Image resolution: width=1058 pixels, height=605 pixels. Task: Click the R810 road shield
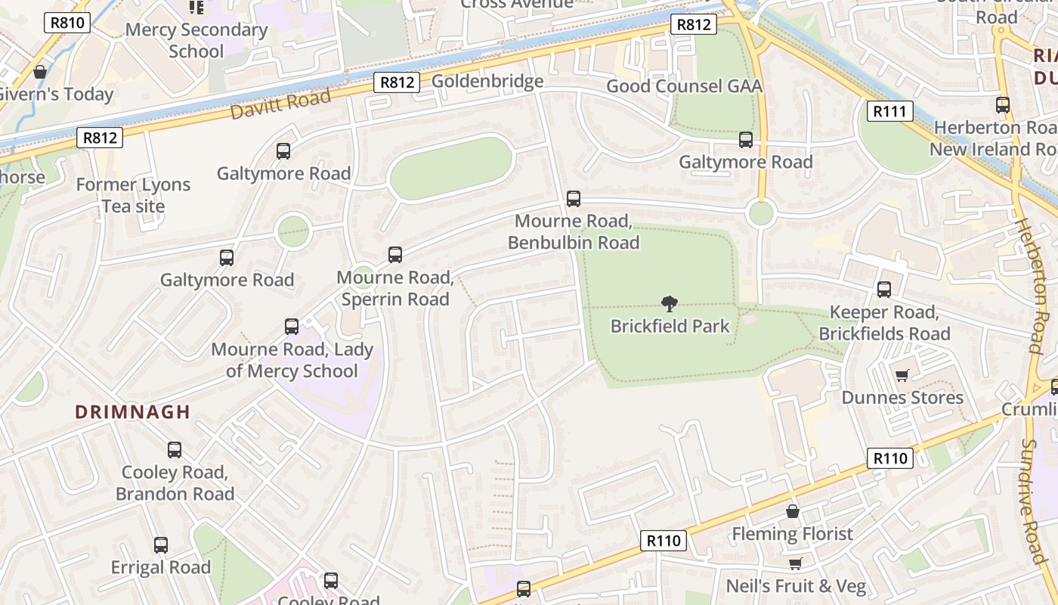click(68, 23)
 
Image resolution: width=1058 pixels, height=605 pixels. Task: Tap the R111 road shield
click(889, 112)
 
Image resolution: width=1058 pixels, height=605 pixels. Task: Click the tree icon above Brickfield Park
click(669, 304)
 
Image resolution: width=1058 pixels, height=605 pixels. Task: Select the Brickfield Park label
click(670, 326)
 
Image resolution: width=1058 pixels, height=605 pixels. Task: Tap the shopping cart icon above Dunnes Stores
click(902, 375)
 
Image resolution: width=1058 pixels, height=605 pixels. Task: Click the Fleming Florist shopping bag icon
click(792, 512)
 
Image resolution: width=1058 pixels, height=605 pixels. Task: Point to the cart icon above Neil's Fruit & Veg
click(795, 563)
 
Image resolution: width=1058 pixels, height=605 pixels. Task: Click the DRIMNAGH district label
click(132, 412)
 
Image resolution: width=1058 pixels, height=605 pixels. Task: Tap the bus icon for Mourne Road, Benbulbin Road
click(574, 199)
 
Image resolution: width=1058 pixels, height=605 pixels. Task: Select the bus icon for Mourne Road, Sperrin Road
click(395, 255)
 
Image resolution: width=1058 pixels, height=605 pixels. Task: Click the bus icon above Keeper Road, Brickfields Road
click(884, 289)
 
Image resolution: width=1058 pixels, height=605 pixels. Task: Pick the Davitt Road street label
click(280, 104)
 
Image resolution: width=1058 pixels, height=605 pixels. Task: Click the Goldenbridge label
click(487, 81)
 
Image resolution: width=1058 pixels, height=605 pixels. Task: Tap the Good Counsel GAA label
click(684, 86)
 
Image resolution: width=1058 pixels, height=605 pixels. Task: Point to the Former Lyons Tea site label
click(133, 195)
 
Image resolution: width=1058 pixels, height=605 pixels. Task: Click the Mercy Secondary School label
click(196, 41)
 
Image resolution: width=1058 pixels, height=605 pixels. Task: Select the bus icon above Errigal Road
click(161, 545)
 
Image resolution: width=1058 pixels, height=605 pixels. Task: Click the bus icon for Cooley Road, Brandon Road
click(175, 450)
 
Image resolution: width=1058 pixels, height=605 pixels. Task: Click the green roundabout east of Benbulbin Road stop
click(760, 214)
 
